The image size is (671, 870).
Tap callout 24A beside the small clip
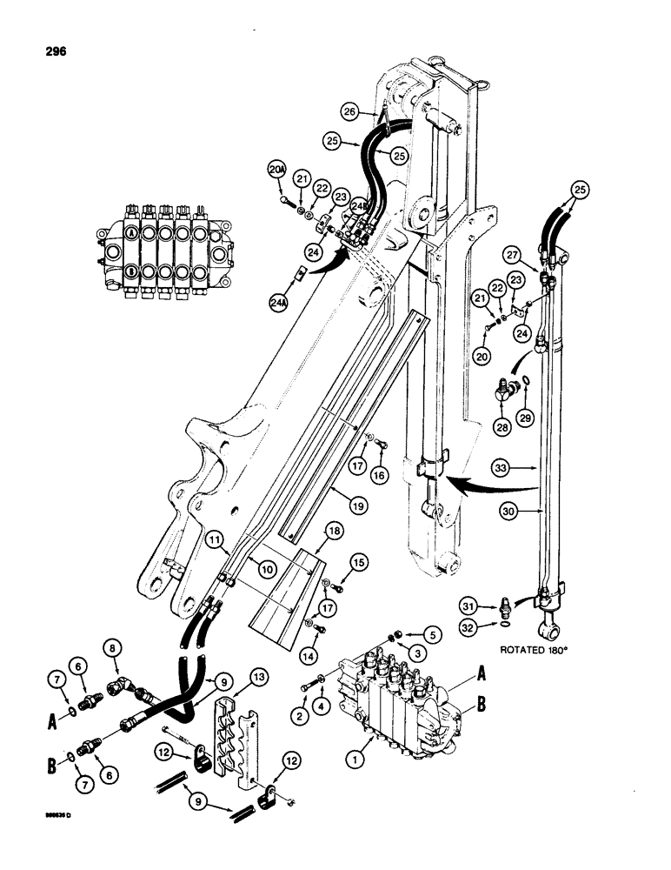[279, 304]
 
